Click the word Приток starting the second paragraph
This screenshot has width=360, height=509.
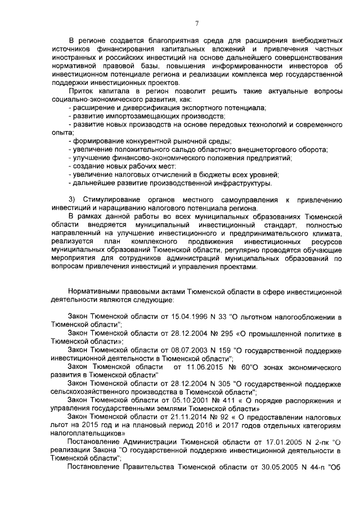coord(82,91)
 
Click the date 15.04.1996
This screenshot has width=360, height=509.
coord(192,318)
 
